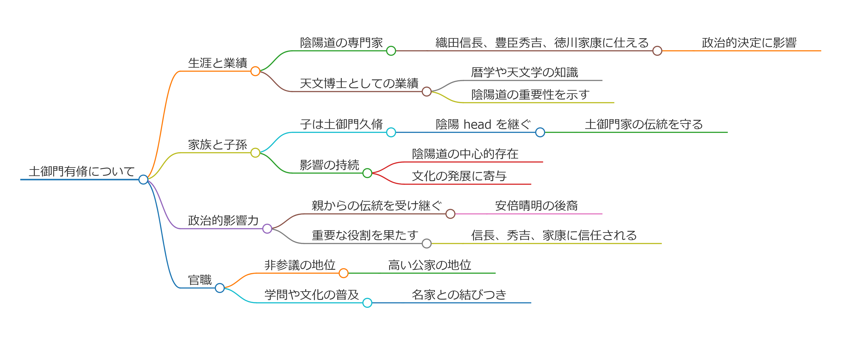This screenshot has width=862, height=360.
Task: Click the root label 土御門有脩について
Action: (82, 171)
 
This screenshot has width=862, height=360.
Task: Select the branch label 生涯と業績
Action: (217, 63)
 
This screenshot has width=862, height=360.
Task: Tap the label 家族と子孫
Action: (217, 145)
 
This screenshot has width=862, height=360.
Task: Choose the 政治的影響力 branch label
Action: (223, 220)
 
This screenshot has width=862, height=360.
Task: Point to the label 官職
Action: (200, 280)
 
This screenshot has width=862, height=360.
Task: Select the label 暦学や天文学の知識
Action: (524, 72)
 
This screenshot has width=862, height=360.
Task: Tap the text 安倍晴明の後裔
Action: (536, 205)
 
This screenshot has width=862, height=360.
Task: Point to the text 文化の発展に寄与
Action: (459, 176)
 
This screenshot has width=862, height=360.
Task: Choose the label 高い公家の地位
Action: (429, 265)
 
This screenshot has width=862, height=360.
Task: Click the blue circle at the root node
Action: (143, 180)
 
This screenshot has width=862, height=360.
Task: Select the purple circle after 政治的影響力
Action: (267, 229)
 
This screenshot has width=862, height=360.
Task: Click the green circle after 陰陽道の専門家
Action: (391, 51)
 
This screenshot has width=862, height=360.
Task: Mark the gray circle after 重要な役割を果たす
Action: (426, 243)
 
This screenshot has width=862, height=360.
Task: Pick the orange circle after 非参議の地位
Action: (343, 273)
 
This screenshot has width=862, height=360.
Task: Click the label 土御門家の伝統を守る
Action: (643, 124)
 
